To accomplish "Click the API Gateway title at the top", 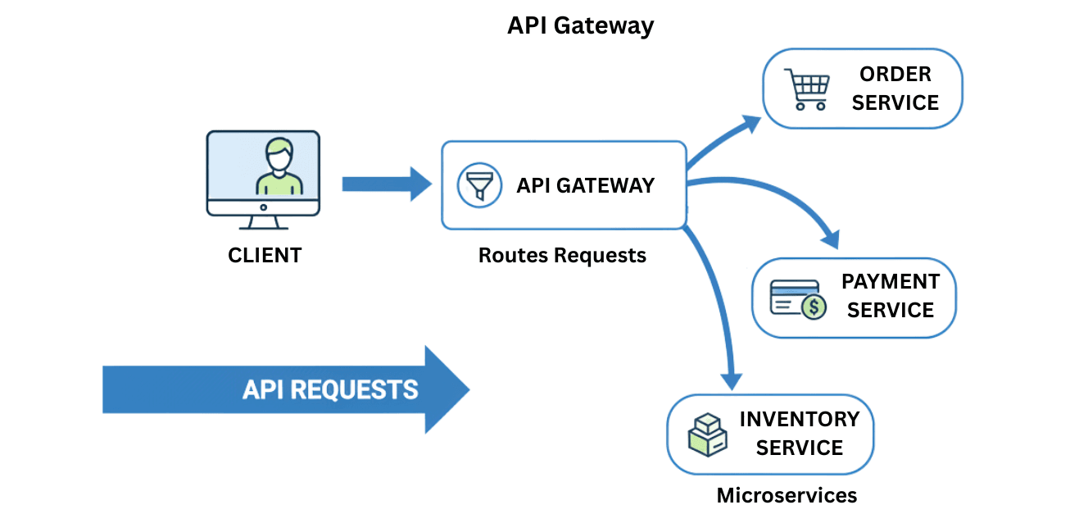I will [x=580, y=25].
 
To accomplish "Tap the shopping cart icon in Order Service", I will [x=807, y=88].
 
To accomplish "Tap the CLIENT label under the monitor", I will [x=265, y=255].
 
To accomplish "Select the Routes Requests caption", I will [x=562, y=255].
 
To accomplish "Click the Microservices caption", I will [x=787, y=495].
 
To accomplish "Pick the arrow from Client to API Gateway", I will [x=385, y=184].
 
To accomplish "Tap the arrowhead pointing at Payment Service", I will [x=829, y=239].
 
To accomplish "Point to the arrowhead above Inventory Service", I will [x=731, y=380].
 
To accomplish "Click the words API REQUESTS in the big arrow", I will [x=330, y=389].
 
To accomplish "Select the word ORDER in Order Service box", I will [x=895, y=74].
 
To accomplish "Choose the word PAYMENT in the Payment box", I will [x=890, y=281].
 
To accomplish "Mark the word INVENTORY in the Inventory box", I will [x=799, y=419].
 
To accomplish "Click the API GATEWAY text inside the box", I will [x=585, y=185].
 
